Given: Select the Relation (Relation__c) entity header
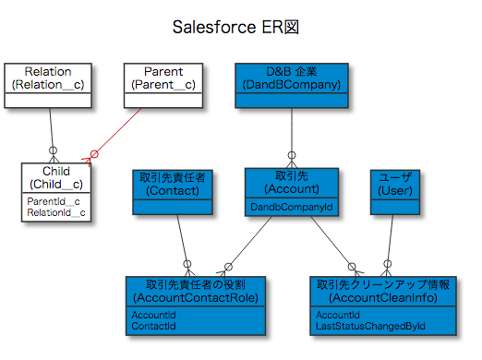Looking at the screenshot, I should coord(48,78).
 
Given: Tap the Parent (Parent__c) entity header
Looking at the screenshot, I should coord(163,78).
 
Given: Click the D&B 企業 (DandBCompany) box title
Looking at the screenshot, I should coord(292,78).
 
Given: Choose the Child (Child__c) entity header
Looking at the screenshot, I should coord(56,177).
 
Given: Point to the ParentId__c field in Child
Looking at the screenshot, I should coord(53,200).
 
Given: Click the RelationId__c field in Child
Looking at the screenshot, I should coord(56,213).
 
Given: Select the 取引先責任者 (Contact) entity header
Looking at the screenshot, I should coord(173,183).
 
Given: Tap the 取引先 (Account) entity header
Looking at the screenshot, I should coord(292,183).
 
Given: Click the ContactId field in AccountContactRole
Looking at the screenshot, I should coord(153,327).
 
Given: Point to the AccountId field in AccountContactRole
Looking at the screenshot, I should coord(153,315).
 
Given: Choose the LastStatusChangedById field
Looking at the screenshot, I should coord(364,327).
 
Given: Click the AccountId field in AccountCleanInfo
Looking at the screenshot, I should coord(337,315).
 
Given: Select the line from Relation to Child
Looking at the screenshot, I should coord(51,129).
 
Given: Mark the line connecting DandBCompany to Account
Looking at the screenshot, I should coord(292,129).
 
